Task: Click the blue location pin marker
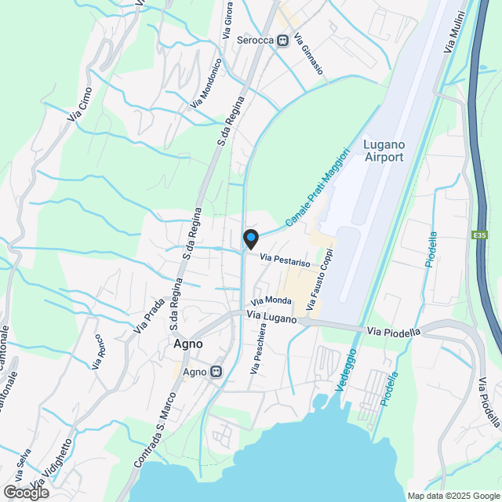click(249, 238)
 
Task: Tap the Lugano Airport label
click(384, 151)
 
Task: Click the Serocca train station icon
click(282, 40)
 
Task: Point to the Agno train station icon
click(215, 372)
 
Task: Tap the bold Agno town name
click(187, 344)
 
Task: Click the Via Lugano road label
click(271, 317)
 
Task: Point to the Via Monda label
click(271, 300)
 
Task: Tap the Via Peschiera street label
click(256, 349)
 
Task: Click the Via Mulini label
click(455, 32)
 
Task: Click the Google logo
click(25, 492)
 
